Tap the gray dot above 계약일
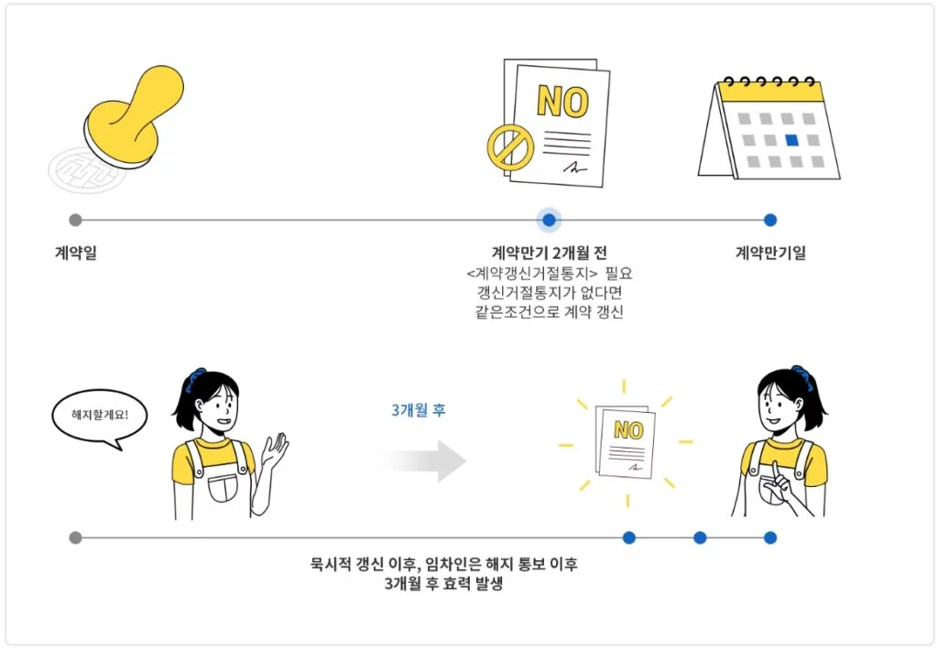click(75, 220)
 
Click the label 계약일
click(75, 253)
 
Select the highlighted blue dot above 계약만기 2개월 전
click(549, 220)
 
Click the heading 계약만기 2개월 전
click(549, 253)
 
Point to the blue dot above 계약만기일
click(770, 220)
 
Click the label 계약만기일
click(770, 253)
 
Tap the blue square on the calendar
click(791, 140)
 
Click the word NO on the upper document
click(562, 101)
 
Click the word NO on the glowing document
click(628, 430)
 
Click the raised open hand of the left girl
click(275, 449)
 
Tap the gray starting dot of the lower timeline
click(75, 537)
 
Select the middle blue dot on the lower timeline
click(700, 537)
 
